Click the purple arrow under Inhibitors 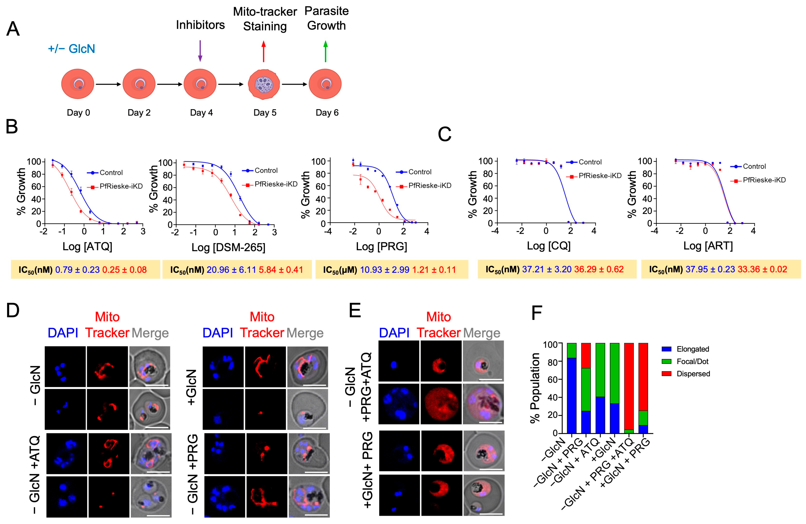(200, 51)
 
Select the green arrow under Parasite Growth (325, 51)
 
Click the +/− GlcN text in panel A (71, 49)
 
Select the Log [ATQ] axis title (87, 246)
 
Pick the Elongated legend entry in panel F (692, 349)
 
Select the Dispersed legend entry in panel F (693, 374)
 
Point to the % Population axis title (535, 388)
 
